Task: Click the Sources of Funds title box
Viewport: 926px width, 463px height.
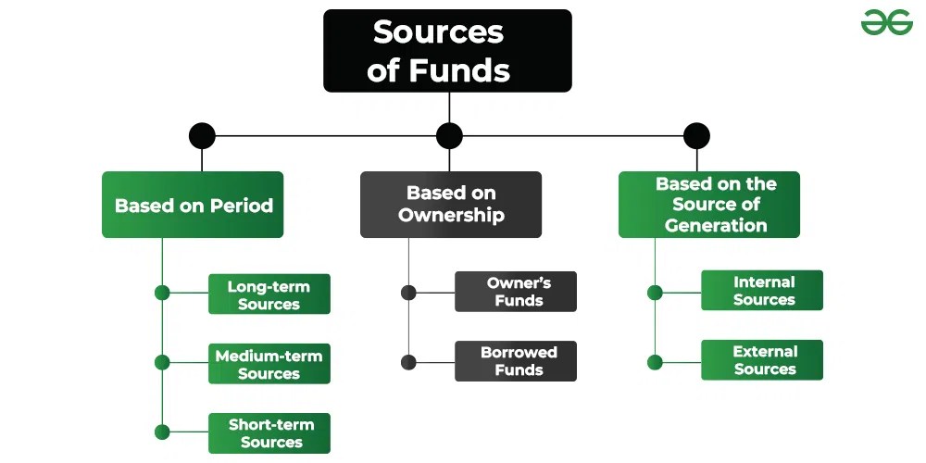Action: pyautogui.click(x=447, y=51)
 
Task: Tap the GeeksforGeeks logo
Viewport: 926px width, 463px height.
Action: pyautogui.click(x=886, y=23)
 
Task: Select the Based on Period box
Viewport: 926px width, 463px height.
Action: pyautogui.click(x=193, y=205)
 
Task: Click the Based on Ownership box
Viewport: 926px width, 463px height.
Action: pyautogui.click(x=450, y=205)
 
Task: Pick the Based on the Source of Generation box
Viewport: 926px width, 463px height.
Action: pyautogui.click(x=708, y=205)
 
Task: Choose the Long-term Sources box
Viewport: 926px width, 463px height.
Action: pyautogui.click(x=269, y=294)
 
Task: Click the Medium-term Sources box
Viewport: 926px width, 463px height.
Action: pyautogui.click(x=269, y=364)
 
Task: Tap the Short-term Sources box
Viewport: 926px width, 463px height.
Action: pyautogui.click(x=269, y=433)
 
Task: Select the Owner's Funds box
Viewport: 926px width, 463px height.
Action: pyautogui.click(x=515, y=292)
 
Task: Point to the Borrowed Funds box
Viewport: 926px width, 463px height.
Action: pyautogui.click(x=515, y=361)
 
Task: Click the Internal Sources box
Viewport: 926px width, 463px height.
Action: pyautogui.click(x=762, y=291)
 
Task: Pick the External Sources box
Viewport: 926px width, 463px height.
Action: pyautogui.click(x=762, y=360)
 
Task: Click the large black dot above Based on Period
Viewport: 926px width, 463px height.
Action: pyautogui.click(x=202, y=136)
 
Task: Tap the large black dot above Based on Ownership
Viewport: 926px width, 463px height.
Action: pyautogui.click(x=449, y=136)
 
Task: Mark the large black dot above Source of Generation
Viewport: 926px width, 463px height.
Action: pyautogui.click(x=696, y=136)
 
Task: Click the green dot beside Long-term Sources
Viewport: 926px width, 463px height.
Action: pyautogui.click(x=162, y=293)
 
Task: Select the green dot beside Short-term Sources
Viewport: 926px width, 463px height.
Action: pyautogui.click(x=162, y=432)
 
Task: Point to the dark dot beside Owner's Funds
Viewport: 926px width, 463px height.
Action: pyautogui.click(x=408, y=293)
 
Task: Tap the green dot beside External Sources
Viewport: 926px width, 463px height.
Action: pyautogui.click(x=655, y=361)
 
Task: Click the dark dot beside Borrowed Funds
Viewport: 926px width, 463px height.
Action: pyautogui.click(x=408, y=362)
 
